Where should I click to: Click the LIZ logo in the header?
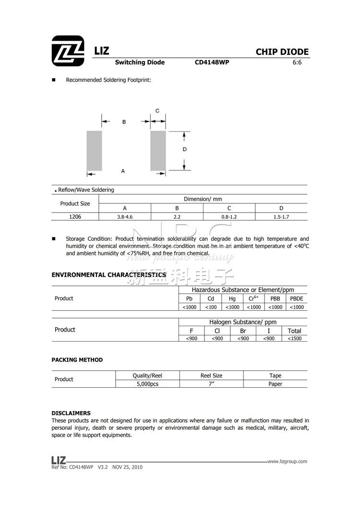click(x=68, y=50)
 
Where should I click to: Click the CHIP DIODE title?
click(x=282, y=52)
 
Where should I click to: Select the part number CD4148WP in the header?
click(x=212, y=62)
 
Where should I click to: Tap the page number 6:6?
click(x=297, y=62)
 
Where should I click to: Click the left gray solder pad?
click(x=95, y=150)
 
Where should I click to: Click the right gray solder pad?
click(x=158, y=150)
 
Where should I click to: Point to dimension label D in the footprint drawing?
click(x=185, y=150)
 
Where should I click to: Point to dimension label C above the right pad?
click(x=157, y=111)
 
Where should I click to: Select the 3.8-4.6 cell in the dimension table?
click(x=124, y=217)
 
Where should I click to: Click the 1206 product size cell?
click(x=75, y=217)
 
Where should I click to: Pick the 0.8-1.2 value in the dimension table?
click(x=229, y=217)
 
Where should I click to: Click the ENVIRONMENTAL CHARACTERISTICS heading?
click(x=109, y=275)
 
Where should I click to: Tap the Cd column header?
click(x=211, y=298)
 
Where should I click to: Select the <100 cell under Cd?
click(x=211, y=307)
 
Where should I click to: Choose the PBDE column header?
click(x=297, y=298)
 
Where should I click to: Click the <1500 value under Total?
click(x=294, y=339)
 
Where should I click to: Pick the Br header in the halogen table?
click(x=243, y=331)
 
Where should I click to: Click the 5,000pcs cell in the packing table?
click(x=147, y=384)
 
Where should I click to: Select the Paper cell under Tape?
click(x=275, y=384)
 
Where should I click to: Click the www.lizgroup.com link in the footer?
click(x=287, y=462)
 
